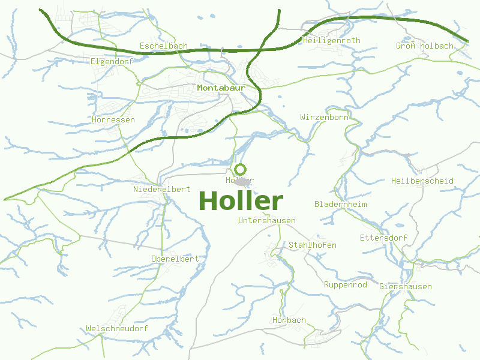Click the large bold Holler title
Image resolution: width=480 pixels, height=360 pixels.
click(x=240, y=201)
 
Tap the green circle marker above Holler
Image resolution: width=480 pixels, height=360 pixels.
click(x=240, y=169)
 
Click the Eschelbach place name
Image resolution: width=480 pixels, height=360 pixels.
click(x=163, y=46)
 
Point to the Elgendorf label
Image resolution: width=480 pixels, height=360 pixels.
click(x=112, y=61)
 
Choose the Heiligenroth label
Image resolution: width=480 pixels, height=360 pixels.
click(x=332, y=41)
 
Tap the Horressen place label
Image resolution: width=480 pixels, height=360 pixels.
click(x=113, y=120)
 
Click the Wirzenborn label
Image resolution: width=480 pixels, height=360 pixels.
click(x=324, y=118)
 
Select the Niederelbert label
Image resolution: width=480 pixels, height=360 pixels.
click(x=161, y=190)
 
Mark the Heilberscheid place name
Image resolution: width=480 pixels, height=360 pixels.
click(x=422, y=181)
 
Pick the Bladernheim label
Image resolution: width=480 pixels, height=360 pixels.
click(x=340, y=205)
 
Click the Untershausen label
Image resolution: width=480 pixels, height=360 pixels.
click(x=266, y=221)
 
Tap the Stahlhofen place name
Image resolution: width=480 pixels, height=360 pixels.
click(x=313, y=245)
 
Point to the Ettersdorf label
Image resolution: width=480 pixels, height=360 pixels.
click(x=383, y=238)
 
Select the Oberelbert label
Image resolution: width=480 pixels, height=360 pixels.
click(x=175, y=259)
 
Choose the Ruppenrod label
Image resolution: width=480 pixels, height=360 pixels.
click(x=345, y=285)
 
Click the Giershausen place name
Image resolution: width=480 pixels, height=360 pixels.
click(x=405, y=287)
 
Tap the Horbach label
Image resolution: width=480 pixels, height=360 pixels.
click(x=289, y=320)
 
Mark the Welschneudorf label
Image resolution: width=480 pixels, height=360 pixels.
click(x=117, y=329)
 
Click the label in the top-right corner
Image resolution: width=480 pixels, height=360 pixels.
click(x=424, y=46)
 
